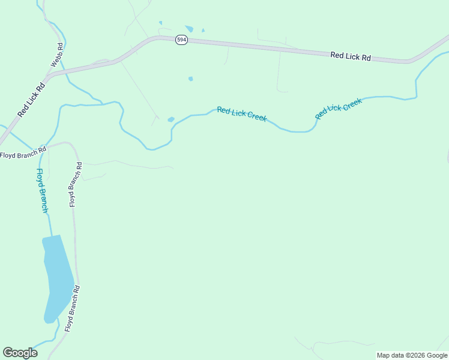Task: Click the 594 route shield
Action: [181, 40]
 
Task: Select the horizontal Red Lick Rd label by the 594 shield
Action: [351, 56]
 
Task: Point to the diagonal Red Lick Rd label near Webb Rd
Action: [31, 99]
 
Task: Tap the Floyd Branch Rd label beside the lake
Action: [73, 309]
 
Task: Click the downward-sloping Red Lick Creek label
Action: [242, 113]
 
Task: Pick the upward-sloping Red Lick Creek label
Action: [339, 108]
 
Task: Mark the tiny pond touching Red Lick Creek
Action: [171, 119]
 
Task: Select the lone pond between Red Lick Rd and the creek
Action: [190, 79]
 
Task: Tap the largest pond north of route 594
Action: [190, 29]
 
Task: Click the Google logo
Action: [20, 353]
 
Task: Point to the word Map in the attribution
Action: [384, 355]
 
